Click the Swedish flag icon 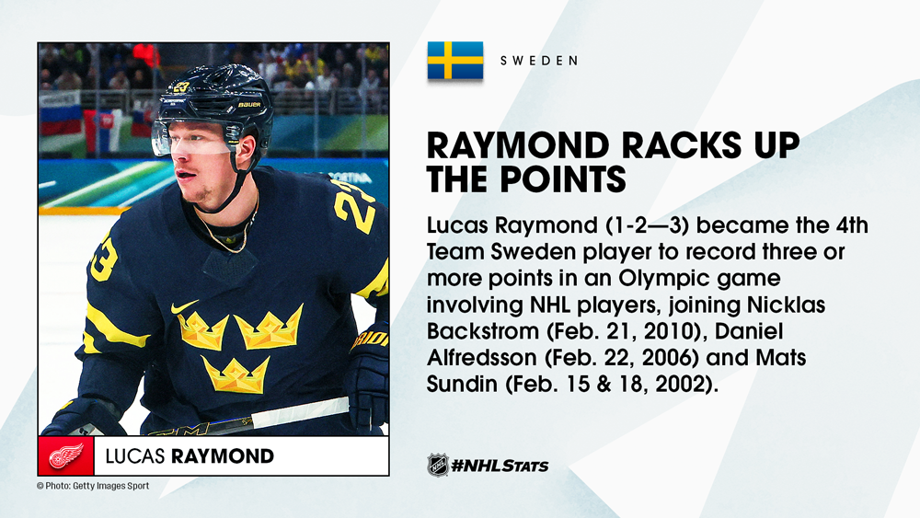455,61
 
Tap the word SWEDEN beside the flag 539,61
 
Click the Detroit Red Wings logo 65,455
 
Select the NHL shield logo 438,465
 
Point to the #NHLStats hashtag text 500,466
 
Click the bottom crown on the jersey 236,372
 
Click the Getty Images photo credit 93,486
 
